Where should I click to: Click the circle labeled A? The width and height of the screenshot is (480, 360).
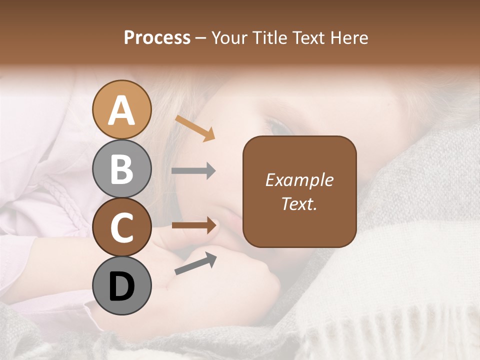point(121,110)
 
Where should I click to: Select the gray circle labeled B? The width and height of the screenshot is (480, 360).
point(121,169)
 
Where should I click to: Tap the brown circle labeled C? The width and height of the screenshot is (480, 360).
point(121,227)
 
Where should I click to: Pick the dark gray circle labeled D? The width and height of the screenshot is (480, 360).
point(121,286)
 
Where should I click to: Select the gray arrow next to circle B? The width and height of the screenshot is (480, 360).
point(193,171)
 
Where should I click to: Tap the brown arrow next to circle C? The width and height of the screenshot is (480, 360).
point(193,225)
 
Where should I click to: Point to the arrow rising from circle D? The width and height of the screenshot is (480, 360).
point(195,263)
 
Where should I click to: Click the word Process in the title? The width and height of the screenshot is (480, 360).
point(157,37)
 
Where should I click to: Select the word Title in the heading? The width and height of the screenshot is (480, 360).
point(270,37)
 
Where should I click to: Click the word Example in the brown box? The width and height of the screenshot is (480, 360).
point(299,180)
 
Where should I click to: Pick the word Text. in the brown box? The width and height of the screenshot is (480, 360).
point(299,203)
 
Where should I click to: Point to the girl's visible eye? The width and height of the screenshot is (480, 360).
point(280,125)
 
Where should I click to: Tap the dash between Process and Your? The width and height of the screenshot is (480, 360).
point(201,38)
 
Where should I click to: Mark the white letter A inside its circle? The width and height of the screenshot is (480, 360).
point(121,110)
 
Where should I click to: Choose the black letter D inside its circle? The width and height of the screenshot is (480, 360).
point(121,286)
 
